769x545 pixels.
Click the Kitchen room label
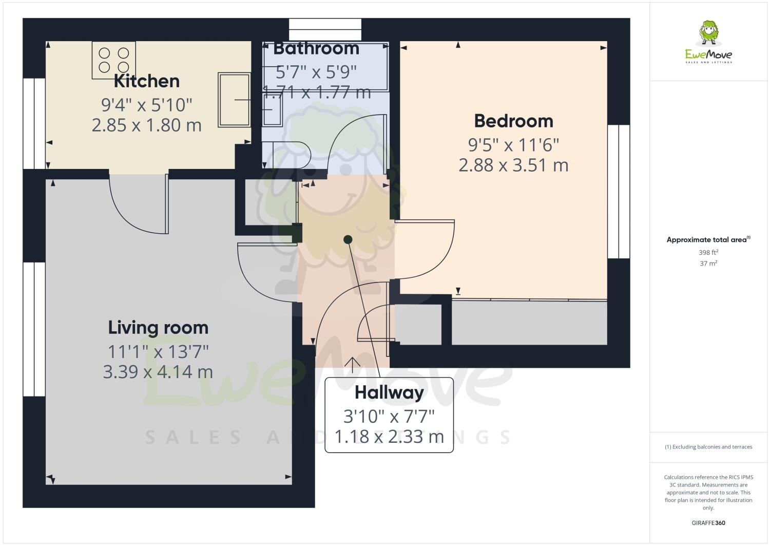pyautogui.click(x=146, y=81)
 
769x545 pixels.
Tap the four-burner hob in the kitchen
pyautogui.click(x=114, y=60)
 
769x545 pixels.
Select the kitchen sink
pyautogui.click(x=234, y=100)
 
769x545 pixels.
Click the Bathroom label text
pyautogui.click(x=316, y=49)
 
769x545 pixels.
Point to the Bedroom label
pyautogui.click(x=513, y=121)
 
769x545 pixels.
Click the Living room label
pyautogui.click(x=158, y=328)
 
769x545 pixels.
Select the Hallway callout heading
pyautogui.click(x=389, y=393)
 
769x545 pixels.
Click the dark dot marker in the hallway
pyautogui.click(x=348, y=239)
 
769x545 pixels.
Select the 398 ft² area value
pyautogui.click(x=708, y=253)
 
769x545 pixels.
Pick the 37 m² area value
pyautogui.click(x=708, y=264)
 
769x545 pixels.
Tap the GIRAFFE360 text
pyautogui.click(x=708, y=523)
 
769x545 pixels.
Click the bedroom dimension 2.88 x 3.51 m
pyautogui.click(x=513, y=165)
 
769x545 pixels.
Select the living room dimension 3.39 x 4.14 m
pyautogui.click(x=158, y=372)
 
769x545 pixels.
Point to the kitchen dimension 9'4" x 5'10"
pyautogui.click(x=146, y=105)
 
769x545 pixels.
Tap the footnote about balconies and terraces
pyautogui.click(x=708, y=447)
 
